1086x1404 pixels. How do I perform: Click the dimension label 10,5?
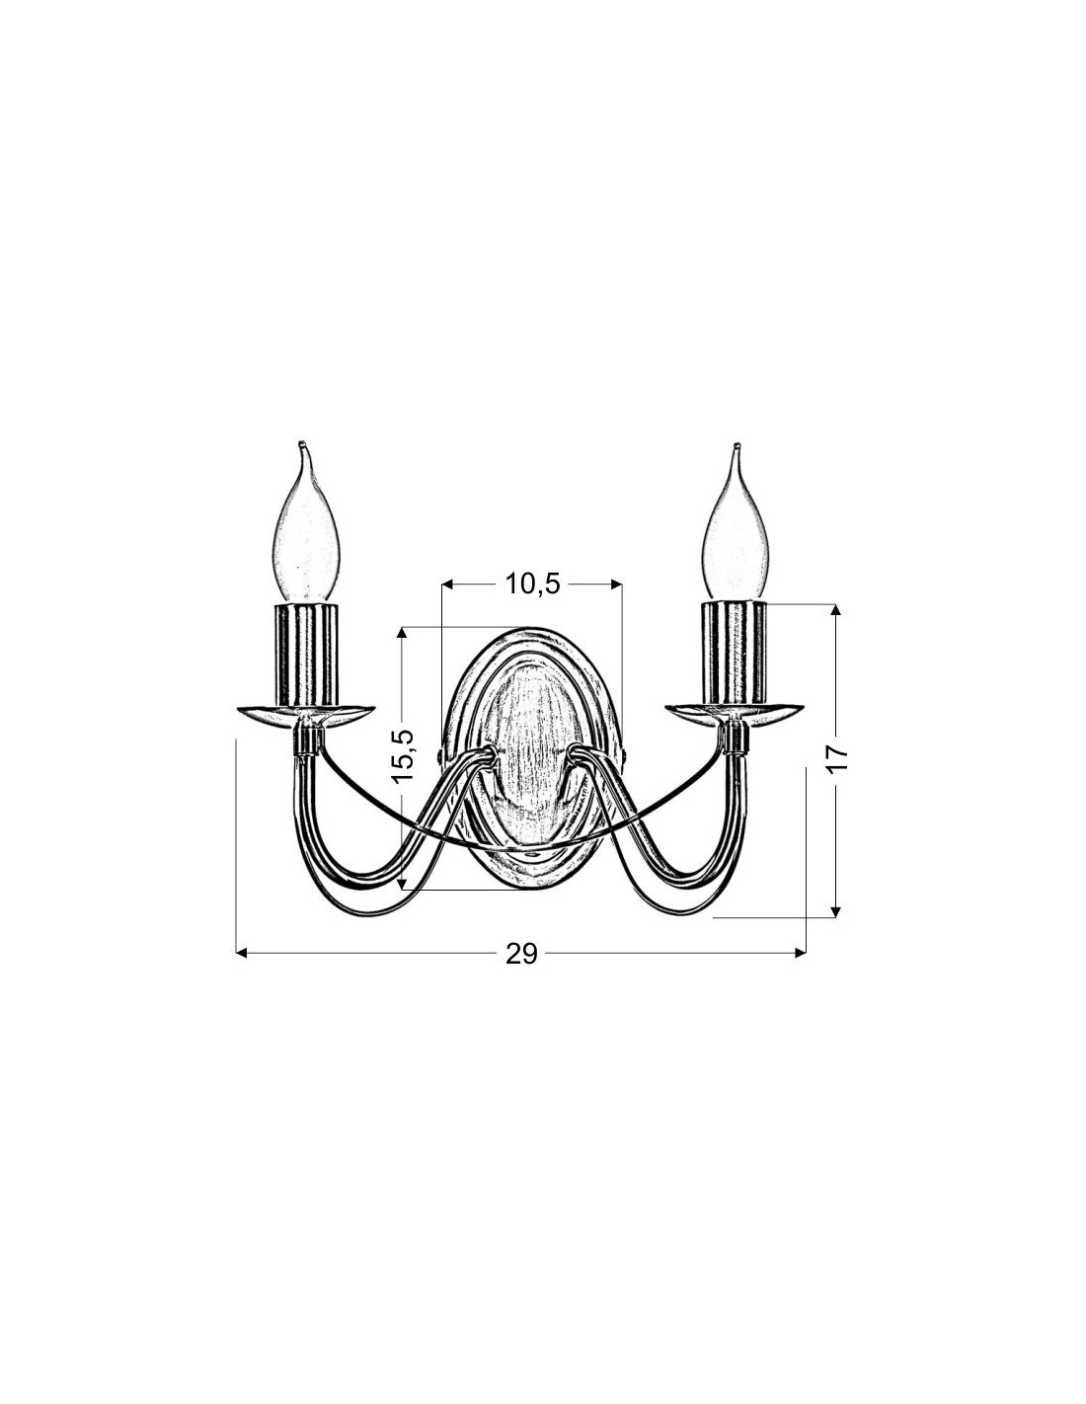pyautogui.click(x=531, y=585)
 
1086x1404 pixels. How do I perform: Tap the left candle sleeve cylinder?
pyautogui.click(x=308, y=654)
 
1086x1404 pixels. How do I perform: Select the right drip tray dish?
pyautogui.click(x=736, y=713)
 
